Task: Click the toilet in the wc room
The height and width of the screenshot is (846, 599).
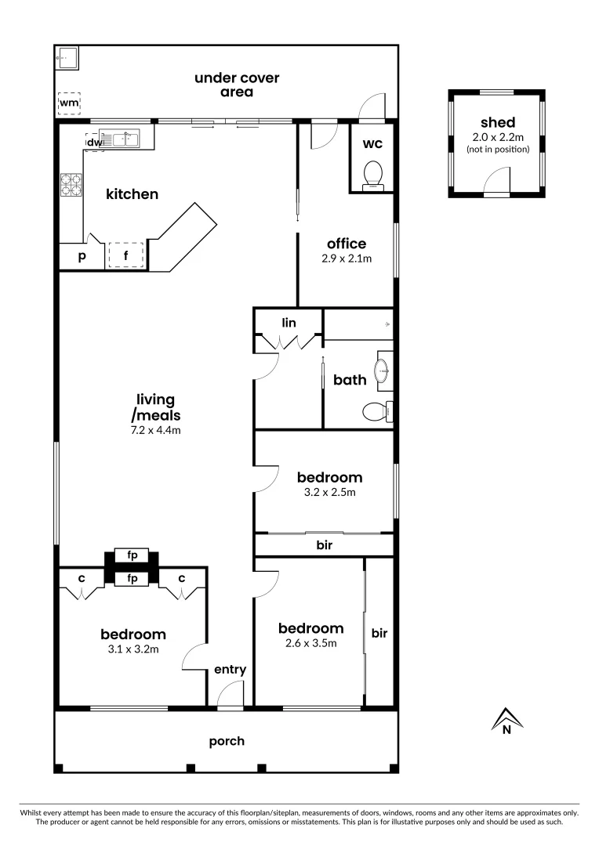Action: pyautogui.click(x=373, y=174)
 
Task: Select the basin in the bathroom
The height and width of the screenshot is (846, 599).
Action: pyautogui.click(x=383, y=371)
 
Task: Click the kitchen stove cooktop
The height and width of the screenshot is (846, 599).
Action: pyautogui.click(x=71, y=185)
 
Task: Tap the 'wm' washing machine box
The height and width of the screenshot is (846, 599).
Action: pyautogui.click(x=70, y=103)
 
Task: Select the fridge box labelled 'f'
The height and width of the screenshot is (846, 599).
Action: pyautogui.click(x=125, y=255)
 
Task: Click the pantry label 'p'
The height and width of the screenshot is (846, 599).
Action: pyautogui.click(x=82, y=256)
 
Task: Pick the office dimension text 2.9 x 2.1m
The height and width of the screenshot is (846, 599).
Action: pyautogui.click(x=347, y=258)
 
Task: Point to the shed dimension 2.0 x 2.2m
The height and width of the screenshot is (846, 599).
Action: pyautogui.click(x=497, y=136)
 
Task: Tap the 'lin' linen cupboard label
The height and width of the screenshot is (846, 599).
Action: pyautogui.click(x=289, y=322)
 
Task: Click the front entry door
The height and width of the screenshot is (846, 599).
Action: pyautogui.click(x=231, y=694)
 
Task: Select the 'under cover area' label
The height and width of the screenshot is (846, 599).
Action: pyautogui.click(x=236, y=85)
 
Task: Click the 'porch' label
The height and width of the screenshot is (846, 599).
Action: pyautogui.click(x=227, y=741)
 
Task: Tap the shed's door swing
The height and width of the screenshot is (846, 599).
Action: pyautogui.click(x=496, y=184)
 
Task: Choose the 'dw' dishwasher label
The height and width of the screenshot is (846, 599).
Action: pyautogui.click(x=94, y=143)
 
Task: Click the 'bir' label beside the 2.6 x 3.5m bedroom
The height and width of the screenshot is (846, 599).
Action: pyautogui.click(x=379, y=632)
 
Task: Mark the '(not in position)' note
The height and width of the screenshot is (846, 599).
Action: pyautogui.click(x=497, y=149)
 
